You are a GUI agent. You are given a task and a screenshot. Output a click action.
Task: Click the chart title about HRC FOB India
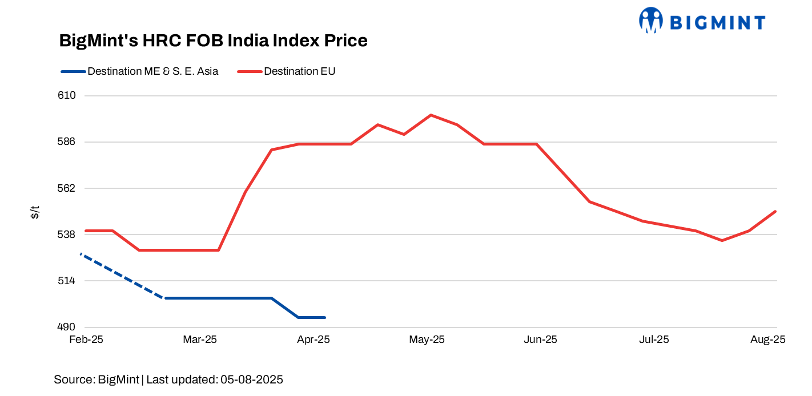click(213, 41)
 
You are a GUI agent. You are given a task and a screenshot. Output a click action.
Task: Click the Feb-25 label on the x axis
click(86, 340)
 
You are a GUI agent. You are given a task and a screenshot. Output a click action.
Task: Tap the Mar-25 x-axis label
click(200, 340)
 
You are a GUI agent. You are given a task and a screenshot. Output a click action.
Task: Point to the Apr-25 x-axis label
click(313, 340)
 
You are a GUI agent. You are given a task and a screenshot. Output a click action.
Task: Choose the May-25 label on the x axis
click(427, 340)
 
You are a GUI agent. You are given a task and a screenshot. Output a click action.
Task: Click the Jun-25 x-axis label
click(540, 340)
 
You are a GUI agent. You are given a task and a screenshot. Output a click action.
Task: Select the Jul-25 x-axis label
click(654, 340)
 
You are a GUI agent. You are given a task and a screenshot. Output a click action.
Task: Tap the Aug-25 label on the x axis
click(768, 340)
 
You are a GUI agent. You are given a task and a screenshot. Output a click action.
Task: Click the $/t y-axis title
click(35, 212)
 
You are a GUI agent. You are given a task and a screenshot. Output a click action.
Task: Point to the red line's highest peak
click(431, 115)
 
